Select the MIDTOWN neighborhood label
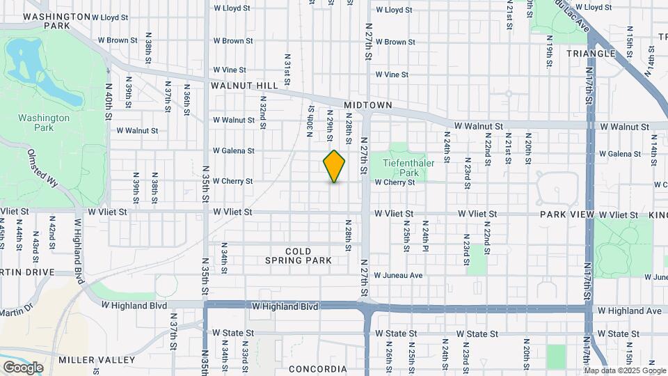[x=369, y=105]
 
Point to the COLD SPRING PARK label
[x=298, y=256]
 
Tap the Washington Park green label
[x=44, y=123]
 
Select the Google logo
[x=23, y=368]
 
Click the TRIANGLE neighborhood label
[x=591, y=54]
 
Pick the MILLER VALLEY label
[x=97, y=360]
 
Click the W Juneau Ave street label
[x=398, y=276]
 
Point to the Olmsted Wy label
[x=43, y=167]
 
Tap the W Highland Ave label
[x=628, y=311]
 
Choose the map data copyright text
[x=625, y=370]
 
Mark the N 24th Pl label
[x=424, y=236]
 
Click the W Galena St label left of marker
[x=233, y=150]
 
